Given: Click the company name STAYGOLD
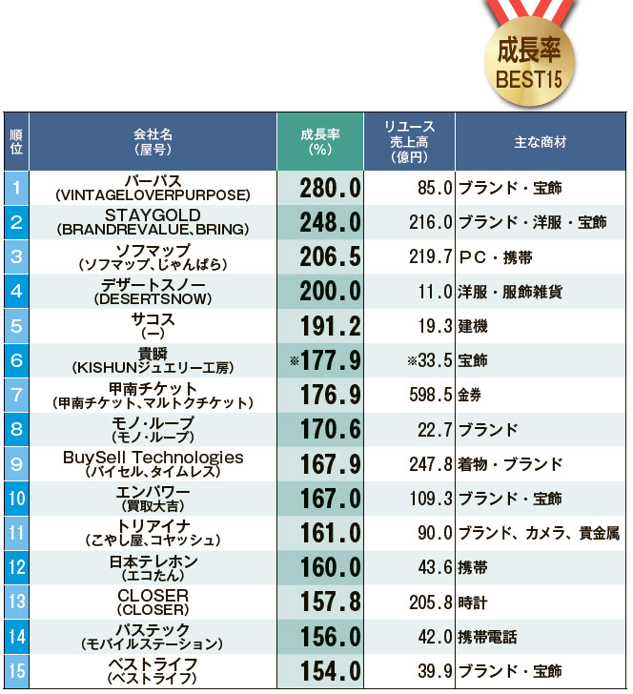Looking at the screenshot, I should click(153, 214).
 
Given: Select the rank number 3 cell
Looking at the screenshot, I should click(16, 256).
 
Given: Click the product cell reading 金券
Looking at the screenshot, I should click(473, 395).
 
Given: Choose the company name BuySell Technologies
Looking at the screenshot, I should click(153, 458).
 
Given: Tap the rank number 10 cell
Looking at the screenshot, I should click(16, 499).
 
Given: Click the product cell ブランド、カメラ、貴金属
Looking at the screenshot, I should click(539, 533).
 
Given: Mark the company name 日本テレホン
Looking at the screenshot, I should click(153, 562).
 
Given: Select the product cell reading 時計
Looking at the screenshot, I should click(473, 602).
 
